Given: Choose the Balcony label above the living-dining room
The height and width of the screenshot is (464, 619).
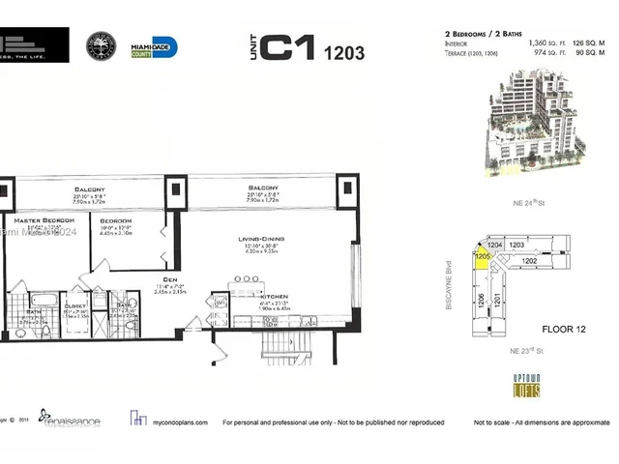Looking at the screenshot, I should tap(263, 188).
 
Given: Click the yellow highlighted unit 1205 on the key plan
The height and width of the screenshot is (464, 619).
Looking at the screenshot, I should tap(481, 257).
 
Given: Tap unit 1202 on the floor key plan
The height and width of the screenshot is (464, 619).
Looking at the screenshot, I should tap(529, 261).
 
